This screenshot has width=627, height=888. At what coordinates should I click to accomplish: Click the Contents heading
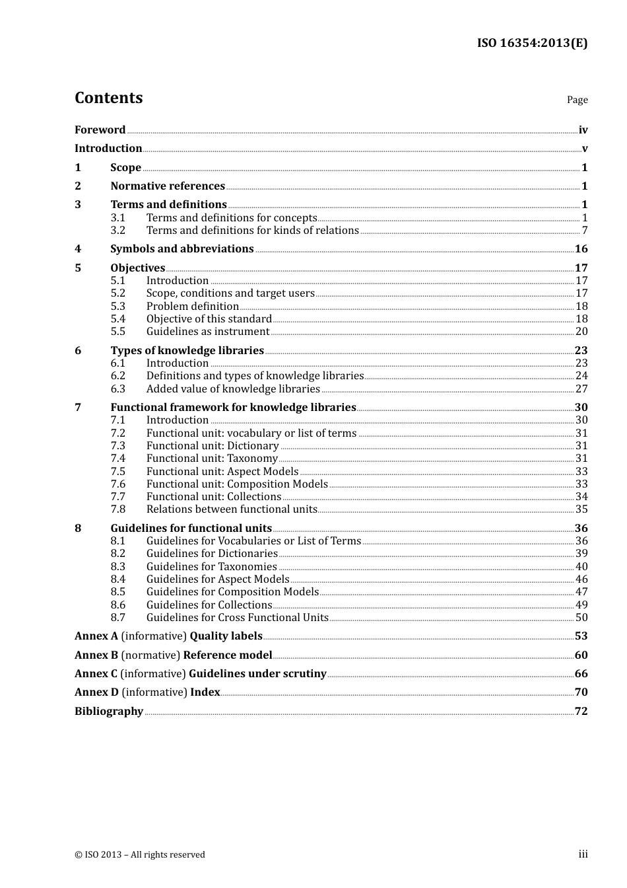pyautogui.click(x=108, y=98)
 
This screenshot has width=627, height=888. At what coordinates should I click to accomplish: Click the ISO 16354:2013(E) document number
pyautogui.click(x=532, y=43)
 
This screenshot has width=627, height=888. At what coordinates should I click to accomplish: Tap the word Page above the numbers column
pyautogui.click(x=577, y=100)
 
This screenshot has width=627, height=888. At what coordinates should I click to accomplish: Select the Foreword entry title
pyautogui.click(x=100, y=130)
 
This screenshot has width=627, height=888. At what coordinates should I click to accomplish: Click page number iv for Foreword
pyautogui.click(x=583, y=130)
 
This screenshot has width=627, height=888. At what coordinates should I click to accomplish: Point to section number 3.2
pyautogui.click(x=117, y=231)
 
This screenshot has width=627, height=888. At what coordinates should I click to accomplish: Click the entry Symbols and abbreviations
pyautogui.click(x=181, y=249)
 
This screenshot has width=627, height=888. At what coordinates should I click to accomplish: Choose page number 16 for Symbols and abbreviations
pyautogui.click(x=581, y=249)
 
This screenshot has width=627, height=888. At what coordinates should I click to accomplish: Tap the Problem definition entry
pyautogui.click(x=192, y=307)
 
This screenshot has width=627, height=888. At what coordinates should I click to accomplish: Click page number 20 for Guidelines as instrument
pyautogui.click(x=581, y=332)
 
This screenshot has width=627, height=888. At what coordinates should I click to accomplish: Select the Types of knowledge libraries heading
pyautogui.click(x=187, y=351)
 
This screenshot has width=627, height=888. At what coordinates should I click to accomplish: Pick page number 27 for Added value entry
pyautogui.click(x=581, y=389)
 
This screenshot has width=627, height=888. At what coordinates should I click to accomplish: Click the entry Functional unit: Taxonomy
pyautogui.click(x=211, y=459)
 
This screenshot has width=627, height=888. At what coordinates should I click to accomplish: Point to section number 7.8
pyautogui.click(x=117, y=509)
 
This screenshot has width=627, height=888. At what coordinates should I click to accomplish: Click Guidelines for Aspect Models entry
pyautogui.click(x=217, y=579)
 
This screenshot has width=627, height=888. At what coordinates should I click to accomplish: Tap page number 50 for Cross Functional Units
pyautogui.click(x=581, y=618)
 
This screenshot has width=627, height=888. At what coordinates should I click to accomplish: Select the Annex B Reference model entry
pyautogui.click(x=173, y=655)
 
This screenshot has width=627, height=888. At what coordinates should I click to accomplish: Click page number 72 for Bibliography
pyautogui.click(x=581, y=712)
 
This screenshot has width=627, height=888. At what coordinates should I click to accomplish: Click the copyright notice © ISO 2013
pyautogui.click(x=139, y=855)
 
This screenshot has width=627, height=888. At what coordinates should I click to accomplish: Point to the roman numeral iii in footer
pyautogui.click(x=583, y=854)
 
